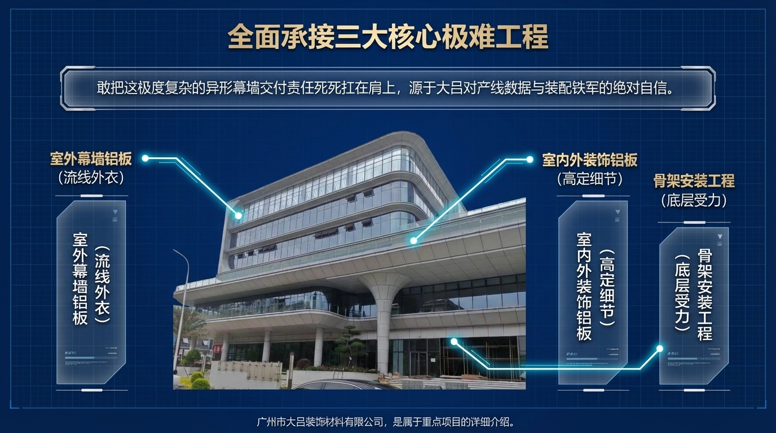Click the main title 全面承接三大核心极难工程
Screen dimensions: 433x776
[387, 37]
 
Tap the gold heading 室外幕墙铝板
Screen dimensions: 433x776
[91, 159]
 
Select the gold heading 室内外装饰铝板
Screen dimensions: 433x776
[589, 160]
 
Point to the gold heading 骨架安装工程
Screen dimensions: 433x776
[694, 181]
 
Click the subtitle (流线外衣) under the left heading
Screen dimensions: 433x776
[91, 178]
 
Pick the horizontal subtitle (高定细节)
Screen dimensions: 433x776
[589, 179]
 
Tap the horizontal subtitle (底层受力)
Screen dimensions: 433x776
[694, 200]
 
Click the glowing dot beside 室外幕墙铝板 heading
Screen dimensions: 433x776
[145, 158]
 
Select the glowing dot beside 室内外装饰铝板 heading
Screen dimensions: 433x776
[530, 160]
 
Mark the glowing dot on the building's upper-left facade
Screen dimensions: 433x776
[239, 215]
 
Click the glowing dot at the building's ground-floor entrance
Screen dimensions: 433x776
[454, 341]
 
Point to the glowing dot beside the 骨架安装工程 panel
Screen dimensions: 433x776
[659, 349]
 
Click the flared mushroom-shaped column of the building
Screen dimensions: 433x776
[384, 316]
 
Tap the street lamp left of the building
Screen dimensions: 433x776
[182, 304]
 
